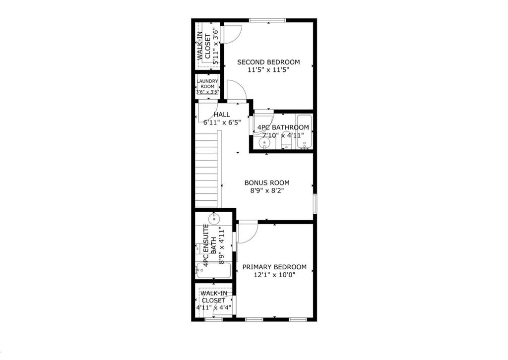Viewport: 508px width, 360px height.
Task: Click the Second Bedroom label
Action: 268,62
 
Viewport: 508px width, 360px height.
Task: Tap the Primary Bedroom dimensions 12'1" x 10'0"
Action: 274,275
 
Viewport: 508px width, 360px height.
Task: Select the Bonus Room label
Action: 267,182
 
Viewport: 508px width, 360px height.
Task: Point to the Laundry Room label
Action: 207,84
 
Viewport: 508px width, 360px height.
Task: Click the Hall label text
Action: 222,114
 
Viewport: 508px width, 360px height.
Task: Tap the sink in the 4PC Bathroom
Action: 265,142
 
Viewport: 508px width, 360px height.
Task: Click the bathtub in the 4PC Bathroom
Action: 304,132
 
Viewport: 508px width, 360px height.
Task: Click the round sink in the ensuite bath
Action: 214,219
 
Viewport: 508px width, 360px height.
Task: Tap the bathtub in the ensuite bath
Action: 213,270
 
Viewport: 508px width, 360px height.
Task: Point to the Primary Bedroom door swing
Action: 248,232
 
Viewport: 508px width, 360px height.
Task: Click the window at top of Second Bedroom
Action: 267,20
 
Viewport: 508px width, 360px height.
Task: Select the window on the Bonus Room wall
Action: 315,204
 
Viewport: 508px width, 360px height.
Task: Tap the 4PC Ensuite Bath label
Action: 209,246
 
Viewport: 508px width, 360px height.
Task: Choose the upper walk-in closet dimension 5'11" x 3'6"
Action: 216,45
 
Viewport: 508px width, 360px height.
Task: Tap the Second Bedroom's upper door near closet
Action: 233,34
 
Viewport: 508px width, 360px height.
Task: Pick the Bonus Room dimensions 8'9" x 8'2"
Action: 267,191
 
